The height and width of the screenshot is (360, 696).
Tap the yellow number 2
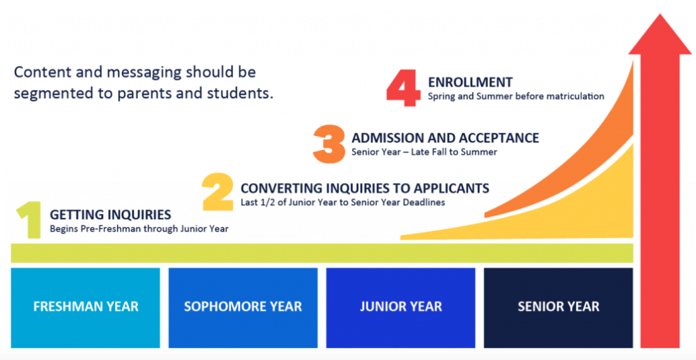[x=217, y=192]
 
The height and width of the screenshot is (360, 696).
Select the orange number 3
[x=329, y=144]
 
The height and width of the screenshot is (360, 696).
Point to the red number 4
[x=403, y=87]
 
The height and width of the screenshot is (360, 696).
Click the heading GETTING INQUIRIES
[x=110, y=215]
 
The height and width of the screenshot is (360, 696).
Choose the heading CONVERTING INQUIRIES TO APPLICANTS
[x=365, y=188]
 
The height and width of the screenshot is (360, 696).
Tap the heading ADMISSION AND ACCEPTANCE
[x=445, y=138]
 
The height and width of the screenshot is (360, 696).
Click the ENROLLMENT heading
[x=470, y=82]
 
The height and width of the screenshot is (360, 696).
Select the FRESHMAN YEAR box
[x=85, y=308]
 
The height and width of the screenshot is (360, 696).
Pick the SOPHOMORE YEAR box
[x=243, y=308]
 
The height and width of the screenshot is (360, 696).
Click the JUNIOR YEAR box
[x=401, y=308]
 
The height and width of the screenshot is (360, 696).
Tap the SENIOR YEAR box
[x=559, y=308]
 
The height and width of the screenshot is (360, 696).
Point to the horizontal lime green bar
[x=322, y=253]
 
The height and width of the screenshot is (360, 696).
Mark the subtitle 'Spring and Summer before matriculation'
[x=516, y=96]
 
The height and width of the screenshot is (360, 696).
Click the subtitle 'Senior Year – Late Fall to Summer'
[x=424, y=152]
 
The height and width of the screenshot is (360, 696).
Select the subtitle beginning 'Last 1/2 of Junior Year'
[x=343, y=203]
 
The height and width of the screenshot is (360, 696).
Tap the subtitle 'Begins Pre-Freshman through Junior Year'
[x=139, y=229]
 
